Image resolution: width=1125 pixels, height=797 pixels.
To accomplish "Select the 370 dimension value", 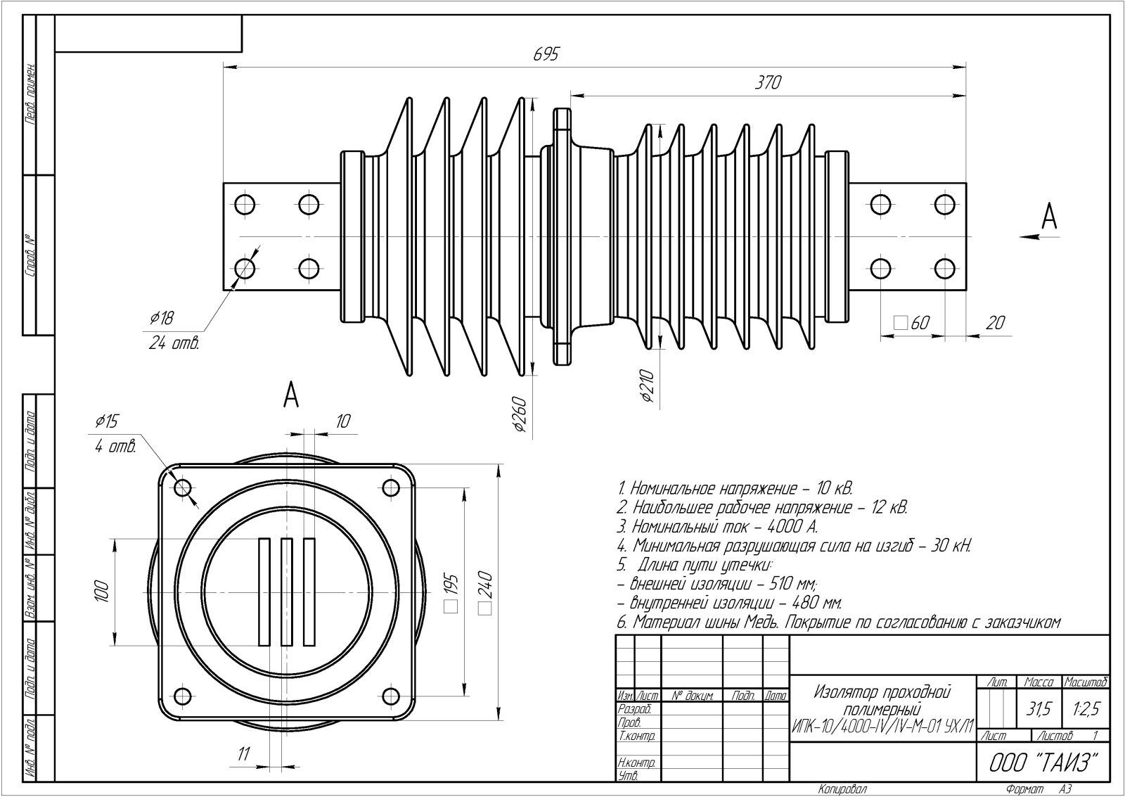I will [x=768, y=82].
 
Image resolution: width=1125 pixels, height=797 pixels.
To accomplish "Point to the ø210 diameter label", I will [x=648, y=386].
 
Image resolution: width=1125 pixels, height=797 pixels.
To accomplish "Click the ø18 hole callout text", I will [x=162, y=319].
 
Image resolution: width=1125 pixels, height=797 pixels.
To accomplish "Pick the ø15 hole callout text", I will [x=108, y=422].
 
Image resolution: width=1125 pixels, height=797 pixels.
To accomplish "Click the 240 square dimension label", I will [x=486, y=594].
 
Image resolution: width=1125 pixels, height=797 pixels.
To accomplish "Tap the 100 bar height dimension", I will [x=102, y=591].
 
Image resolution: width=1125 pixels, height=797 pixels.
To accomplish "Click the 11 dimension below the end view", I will [x=243, y=754].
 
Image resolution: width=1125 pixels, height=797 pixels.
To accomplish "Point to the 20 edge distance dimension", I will [x=996, y=323].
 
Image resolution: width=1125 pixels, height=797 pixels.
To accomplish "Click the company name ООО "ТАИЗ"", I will [x=1043, y=762].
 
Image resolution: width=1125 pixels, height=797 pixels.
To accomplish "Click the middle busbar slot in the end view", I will [x=286, y=592].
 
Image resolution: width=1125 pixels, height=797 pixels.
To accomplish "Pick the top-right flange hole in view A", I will [x=390, y=487].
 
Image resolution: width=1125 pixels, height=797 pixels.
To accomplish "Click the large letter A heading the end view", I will [x=291, y=396].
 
